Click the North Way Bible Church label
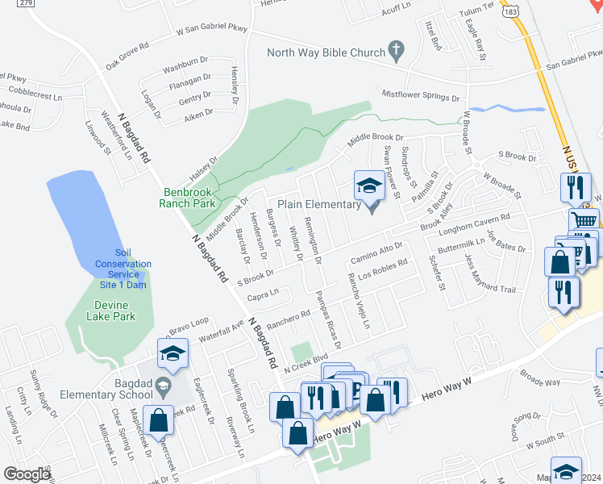pyautogui.click(x=326, y=53)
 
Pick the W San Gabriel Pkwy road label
pyautogui.click(x=212, y=30)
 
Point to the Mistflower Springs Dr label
pyautogui.click(x=420, y=95)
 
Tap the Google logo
pyautogui.click(x=26, y=474)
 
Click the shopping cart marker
pyautogui.click(x=584, y=220)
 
